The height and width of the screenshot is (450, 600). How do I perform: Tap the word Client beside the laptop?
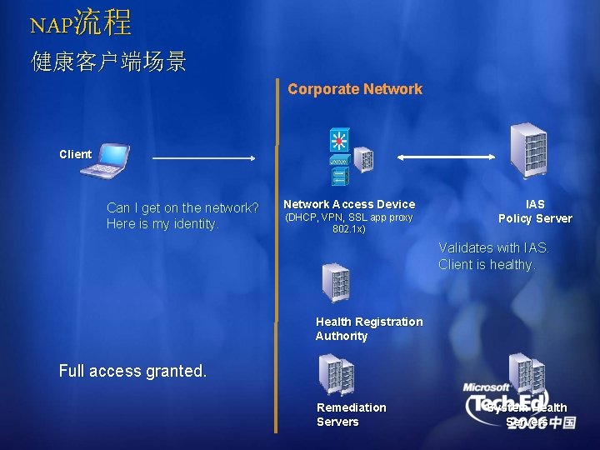75,154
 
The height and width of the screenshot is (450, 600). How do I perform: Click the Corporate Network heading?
355,89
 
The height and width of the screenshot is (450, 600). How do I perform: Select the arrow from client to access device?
204,157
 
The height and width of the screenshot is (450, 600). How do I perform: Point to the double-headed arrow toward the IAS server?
447,156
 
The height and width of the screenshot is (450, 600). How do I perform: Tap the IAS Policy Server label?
535,211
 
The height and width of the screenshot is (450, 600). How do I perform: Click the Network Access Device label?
349,204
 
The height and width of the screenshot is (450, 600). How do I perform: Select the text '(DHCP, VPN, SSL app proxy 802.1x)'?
349,222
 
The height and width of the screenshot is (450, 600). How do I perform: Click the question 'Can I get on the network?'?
182,207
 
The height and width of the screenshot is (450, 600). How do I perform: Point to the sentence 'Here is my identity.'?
163,224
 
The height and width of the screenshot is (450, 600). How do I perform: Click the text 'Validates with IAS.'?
494,247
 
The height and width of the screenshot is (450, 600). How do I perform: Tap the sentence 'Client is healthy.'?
487,264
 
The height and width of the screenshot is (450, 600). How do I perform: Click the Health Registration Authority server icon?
336,282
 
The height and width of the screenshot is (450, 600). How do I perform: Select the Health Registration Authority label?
368,328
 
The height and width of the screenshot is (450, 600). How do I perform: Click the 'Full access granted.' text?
133,372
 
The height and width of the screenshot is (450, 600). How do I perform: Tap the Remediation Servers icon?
335,374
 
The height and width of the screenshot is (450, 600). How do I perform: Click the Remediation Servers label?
351,414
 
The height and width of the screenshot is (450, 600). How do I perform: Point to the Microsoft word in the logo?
487,387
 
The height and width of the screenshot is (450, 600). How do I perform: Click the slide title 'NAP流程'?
81,23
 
